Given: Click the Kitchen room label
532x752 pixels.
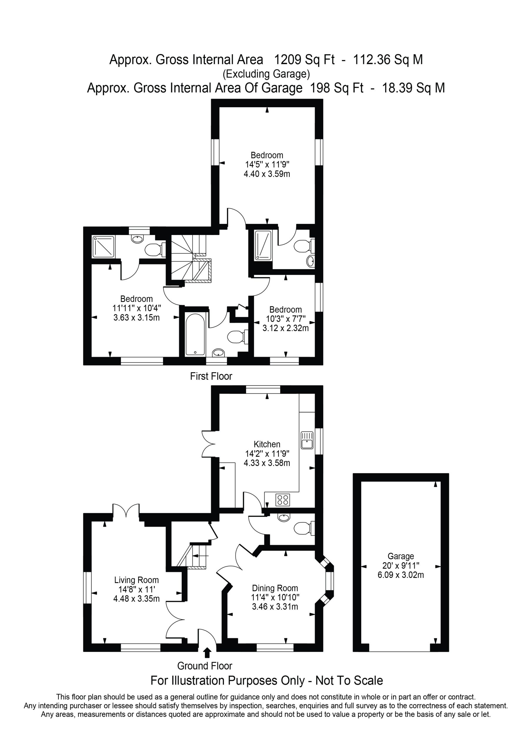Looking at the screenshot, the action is [x=267, y=444].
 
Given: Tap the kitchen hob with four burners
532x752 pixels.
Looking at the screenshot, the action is [x=282, y=499].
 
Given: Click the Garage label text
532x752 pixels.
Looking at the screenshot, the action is [x=401, y=556].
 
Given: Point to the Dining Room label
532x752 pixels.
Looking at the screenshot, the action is [x=275, y=588].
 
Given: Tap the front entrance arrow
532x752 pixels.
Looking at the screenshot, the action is [x=207, y=652].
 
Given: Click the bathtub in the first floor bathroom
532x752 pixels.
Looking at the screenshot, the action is [x=195, y=334].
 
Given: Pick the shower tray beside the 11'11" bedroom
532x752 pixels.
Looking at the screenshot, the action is [x=103, y=246].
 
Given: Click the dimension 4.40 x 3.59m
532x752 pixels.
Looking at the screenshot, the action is [x=267, y=174].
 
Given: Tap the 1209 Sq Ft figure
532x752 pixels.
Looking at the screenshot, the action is [x=304, y=60].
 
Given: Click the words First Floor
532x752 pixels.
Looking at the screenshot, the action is [x=211, y=376].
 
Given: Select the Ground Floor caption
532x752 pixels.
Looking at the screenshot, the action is [x=205, y=666].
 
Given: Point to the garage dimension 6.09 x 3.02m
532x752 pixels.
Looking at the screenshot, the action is [x=401, y=575].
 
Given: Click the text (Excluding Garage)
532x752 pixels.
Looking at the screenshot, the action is [x=266, y=74].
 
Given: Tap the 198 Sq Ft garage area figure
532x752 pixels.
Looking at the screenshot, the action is [x=337, y=88].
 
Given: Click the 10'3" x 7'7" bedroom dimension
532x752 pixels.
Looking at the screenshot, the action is [x=285, y=319].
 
